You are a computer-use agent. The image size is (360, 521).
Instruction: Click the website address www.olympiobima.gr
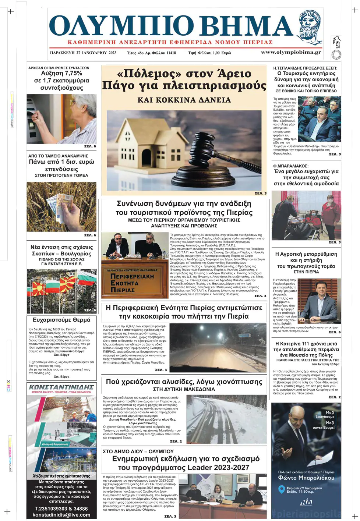click(x=291, y=52)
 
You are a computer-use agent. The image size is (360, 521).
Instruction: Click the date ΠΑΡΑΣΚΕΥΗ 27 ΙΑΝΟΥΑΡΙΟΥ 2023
click(x=83, y=53)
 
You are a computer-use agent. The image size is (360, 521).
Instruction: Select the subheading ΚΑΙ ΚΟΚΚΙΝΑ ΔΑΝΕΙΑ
click(x=184, y=100)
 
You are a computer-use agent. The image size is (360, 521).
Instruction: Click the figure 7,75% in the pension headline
click(x=73, y=73)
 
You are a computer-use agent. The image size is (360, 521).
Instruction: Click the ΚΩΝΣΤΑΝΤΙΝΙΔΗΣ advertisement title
click(x=61, y=387)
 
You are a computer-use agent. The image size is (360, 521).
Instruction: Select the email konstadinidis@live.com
click(x=61, y=515)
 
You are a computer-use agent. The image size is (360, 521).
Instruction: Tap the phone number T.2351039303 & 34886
click(x=61, y=509)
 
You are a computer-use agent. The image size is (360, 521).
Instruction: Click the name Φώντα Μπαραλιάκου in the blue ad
click(x=306, y=478)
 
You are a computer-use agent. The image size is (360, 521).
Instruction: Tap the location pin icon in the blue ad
click(x=282, y=490)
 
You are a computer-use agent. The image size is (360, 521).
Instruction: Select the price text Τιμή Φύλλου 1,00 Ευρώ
click(x=209, y=53)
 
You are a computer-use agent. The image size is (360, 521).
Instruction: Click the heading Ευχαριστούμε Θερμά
click(x=61, y=320)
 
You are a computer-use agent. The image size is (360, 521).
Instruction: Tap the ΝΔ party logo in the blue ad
click(x=306, y=502)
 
